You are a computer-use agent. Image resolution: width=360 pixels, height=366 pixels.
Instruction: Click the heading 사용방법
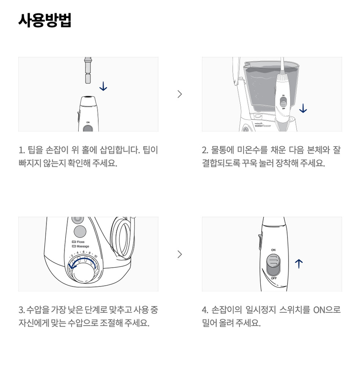click(45, 21)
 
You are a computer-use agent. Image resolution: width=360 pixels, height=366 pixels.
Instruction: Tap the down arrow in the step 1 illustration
click(103, 86)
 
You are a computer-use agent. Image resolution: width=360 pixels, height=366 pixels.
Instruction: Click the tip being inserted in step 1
click(88, 70)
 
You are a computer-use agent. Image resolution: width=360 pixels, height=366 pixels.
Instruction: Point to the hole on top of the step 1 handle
click(88, 97)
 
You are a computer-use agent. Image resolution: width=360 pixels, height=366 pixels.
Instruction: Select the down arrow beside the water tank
click(303, 108)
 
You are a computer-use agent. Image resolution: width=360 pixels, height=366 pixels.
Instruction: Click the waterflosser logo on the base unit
click(263, 125)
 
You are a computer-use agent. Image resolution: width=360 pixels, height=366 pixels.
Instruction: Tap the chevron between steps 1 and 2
click(180, 94)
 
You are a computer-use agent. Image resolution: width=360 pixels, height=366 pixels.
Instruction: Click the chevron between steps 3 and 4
click(180, 254)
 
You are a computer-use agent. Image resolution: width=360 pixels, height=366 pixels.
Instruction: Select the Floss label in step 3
click(79, 242)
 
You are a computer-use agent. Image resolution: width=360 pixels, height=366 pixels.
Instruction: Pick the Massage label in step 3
click(81, 246)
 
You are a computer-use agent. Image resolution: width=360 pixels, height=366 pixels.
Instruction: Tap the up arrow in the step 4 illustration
click(298, 264)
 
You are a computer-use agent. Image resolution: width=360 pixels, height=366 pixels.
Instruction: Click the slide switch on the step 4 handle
click(273, 265)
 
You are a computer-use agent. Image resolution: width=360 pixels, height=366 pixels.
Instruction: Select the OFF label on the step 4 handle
click(274, 278)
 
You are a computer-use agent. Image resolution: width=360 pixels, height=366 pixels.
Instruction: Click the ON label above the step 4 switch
click(273, 250)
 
